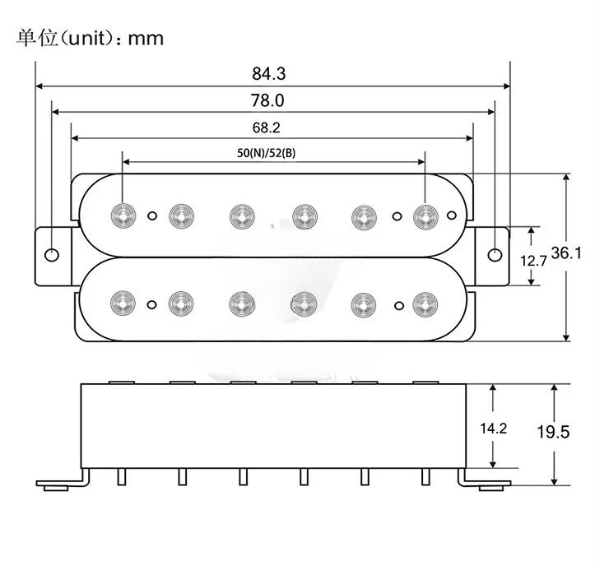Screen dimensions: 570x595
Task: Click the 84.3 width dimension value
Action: (268, 74)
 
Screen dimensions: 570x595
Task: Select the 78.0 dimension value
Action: (268, 101)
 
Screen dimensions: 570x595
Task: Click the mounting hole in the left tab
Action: (52, 255)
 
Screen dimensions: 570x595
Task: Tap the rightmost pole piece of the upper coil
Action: (425, 215)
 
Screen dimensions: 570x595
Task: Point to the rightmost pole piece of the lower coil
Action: (425, 303)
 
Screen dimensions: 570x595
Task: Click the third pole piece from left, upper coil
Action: (240, 215)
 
